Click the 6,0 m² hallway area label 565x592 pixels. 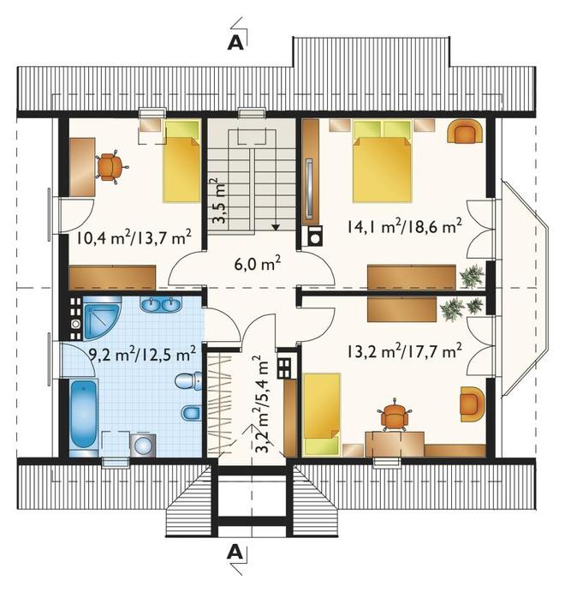click(258, 264)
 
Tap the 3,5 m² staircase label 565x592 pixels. click(217, 200)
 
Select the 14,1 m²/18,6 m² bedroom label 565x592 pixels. click(404, 227)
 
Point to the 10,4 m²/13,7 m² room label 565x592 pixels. click(134, 237)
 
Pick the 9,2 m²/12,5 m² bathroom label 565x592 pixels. click(142, 353)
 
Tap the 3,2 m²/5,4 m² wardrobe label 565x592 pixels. click(262, 404)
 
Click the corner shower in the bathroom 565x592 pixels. click(102, 318)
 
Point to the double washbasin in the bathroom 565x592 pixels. click(162, 304)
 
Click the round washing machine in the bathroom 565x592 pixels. click(143, 445)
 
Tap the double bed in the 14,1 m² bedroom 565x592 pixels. click(381, 161)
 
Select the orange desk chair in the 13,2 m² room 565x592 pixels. click(394, 415)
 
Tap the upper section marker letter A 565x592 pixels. click(235, 43)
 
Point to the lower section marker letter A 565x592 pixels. click(235, 553)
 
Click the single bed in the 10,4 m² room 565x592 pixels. click(181, 161)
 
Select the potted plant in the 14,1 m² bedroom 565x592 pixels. click(472, 275)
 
